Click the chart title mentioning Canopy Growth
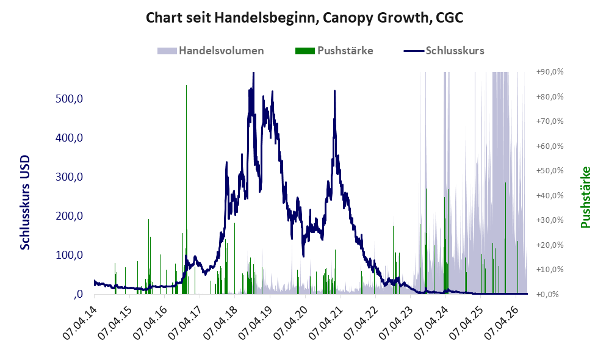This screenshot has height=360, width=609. pyautogui.click(x=304, y=18)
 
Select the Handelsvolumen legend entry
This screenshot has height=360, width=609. pyautogui.click(x=211, y=51)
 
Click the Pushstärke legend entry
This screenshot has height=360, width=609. pyautogui.click(x=334, y=51)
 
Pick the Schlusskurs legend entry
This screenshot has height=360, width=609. pyautogui.click(x=444, y=51)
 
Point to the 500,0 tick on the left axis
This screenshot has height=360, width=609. pyautogui.click(x=69, y=99)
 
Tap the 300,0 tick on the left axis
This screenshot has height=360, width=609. pyautogui.click(x=69, y=177)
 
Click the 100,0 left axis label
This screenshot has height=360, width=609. pyautogui.click(x=69, y=255)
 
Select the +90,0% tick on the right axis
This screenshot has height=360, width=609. pyautogui.click(x=550, y=72)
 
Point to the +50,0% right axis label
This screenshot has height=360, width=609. pyautogui.click(x=550, y=170)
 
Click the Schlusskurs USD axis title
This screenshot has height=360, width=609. pyautogui.click(x=25, y=203)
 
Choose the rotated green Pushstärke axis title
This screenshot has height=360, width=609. pyautogui.click(x=586, y=197)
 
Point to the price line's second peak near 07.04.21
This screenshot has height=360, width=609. pyautogui.click(x=335, y=91)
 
